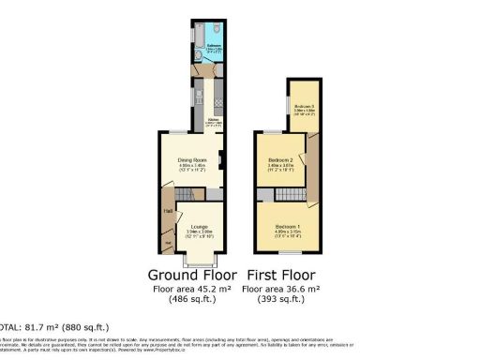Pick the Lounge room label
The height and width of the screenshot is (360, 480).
click(x=198, y=228)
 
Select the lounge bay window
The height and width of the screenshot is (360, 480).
click(x=199, y=259)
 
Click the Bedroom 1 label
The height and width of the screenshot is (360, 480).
click(x=289, y=228)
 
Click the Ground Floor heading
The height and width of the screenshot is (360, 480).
click(x=191, y=276)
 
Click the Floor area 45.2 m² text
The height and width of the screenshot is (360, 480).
click(x=191, y=289)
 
